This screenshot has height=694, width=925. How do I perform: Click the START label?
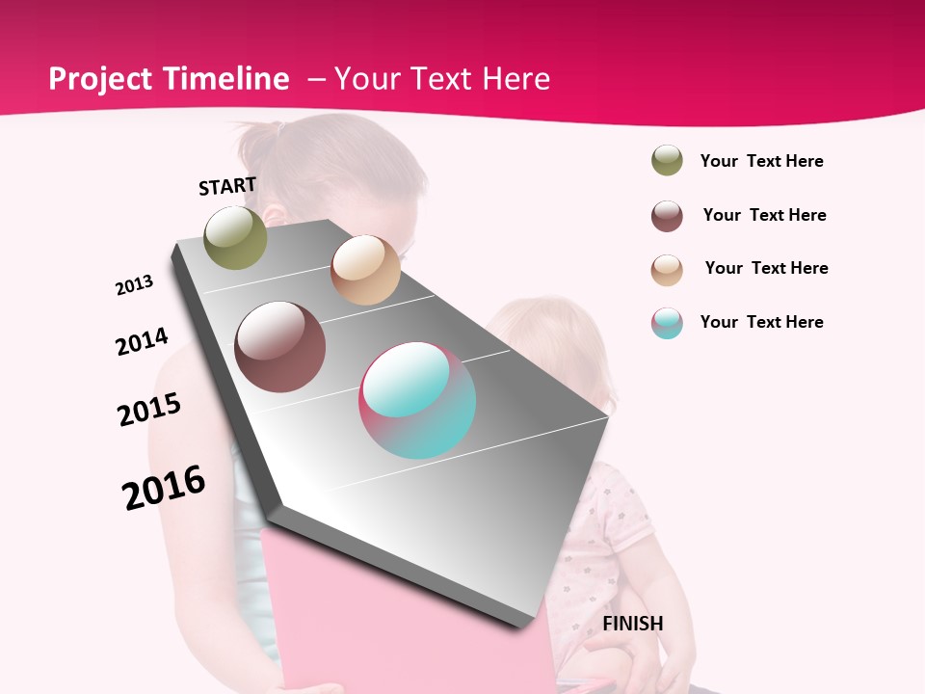[227, 186]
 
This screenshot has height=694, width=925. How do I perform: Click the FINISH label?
[632, 624]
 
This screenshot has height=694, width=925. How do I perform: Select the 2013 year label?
[134, 285]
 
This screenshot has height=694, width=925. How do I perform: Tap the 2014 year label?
[142, 341]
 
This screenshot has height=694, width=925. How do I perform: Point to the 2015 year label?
[149, 410]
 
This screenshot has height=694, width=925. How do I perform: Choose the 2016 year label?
[164, 487]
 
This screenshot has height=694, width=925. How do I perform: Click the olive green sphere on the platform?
[236, 237]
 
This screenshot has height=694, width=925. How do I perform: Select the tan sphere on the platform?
[365, 270]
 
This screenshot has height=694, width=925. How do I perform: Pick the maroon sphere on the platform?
[280, 347]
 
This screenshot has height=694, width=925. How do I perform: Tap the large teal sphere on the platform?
[417, 400]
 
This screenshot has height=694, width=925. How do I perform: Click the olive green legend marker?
[667, 161]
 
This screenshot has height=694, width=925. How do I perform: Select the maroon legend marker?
[667, 216]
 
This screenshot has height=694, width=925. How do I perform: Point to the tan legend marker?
[667, 270]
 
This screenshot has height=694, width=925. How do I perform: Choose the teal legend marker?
[667, 323]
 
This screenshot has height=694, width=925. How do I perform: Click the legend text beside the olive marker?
[761, 161]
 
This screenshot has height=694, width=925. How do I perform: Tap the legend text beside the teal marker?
[761, 322]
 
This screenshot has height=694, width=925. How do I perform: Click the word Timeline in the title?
[227, 79]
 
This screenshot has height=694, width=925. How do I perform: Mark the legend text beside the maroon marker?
[764, 215]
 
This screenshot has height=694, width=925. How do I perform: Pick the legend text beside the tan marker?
[766, 268]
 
